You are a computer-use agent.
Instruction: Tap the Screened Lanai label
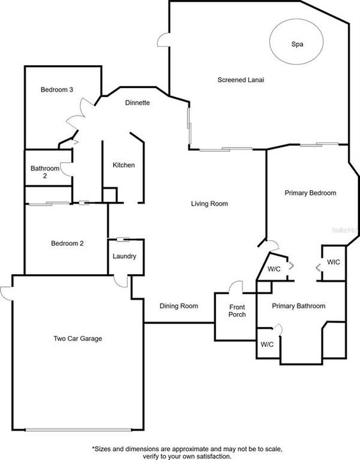(241, 80)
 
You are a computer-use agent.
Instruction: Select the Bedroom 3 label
(57, 89)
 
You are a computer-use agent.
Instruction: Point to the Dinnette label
(137, 103)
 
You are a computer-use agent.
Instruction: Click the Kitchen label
(123, 165)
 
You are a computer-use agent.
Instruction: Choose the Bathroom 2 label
(45, 172)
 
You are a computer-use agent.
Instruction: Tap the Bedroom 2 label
(67, 243)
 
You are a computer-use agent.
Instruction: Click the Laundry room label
(125, 256)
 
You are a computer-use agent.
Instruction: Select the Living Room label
(209, 204)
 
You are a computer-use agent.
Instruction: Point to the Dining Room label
(179, 306)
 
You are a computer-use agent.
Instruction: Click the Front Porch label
(237, 310)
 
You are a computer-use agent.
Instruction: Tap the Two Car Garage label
(78, 339)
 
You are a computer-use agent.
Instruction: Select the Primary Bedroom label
(310, 193)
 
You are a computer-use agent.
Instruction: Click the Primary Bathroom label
(299, 306)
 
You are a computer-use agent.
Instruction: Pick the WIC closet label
(334, 262)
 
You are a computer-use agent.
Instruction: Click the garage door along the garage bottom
(78, 430)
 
